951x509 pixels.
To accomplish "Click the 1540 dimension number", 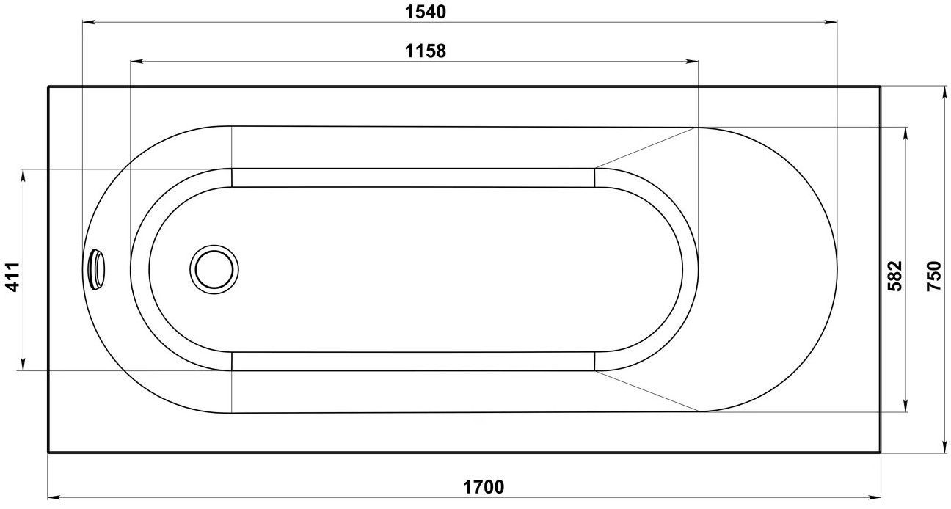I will (426, 12).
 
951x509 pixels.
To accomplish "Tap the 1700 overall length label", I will (484, 486).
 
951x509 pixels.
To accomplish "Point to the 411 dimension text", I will (12, 277).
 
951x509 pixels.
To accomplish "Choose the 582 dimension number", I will (894, 277).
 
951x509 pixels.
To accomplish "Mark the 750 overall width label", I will (933, 277).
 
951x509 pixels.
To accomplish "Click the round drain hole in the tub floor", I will (214, 268).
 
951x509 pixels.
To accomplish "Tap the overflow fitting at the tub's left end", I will (96, 268).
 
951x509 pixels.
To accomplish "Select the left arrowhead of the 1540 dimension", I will (87, 23).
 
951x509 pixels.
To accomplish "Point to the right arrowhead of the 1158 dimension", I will (692, 62).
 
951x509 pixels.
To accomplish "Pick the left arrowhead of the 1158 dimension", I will (136, 62).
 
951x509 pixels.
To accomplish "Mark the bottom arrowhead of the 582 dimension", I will (905, 406).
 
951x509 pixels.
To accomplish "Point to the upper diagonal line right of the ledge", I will (646, 147).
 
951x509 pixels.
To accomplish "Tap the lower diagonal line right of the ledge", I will (646, 390).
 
